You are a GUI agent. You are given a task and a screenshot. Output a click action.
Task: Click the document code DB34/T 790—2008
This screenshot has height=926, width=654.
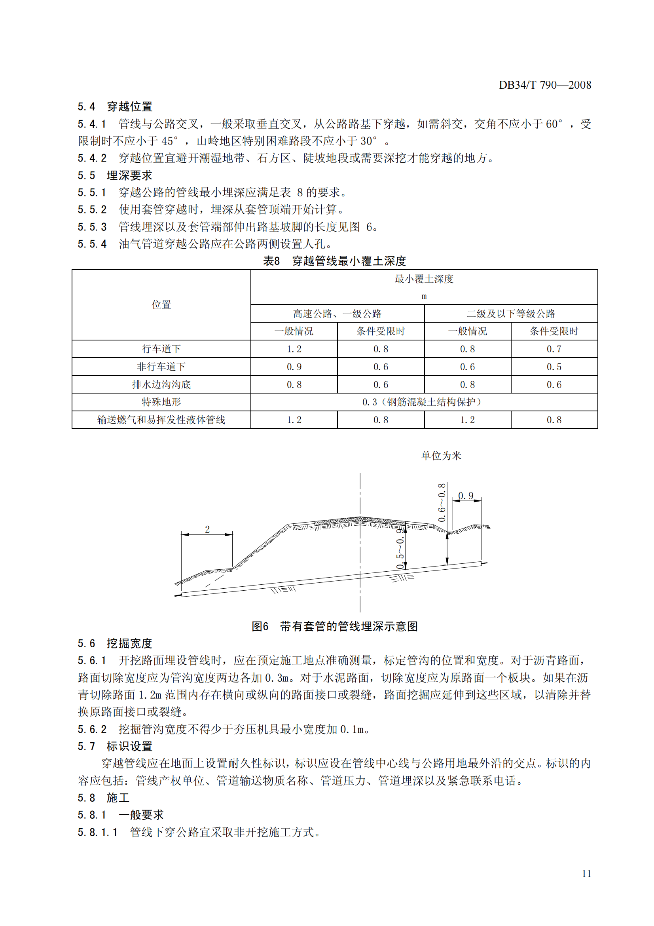pos(545,85)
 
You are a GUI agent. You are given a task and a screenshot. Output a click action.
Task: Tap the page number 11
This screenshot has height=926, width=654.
pos(586,874)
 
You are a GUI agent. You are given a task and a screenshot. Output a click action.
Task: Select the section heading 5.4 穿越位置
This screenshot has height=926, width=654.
pos(115,107)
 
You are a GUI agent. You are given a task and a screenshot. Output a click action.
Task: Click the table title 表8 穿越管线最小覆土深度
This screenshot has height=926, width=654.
pos(334,261)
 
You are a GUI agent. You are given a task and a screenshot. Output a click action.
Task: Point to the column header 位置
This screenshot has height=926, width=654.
pos(161,305)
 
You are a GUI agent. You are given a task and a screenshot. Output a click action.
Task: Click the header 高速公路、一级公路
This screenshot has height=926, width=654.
pos(337,314)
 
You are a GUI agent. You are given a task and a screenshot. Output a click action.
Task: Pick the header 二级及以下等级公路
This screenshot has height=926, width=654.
pos(510,314)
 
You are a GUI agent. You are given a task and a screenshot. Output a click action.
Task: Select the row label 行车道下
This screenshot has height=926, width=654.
pos(161,349)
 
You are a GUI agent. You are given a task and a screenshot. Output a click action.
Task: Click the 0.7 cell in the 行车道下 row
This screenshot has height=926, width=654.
pos(554,349)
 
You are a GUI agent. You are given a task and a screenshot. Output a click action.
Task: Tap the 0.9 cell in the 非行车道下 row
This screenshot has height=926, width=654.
pos(294,367)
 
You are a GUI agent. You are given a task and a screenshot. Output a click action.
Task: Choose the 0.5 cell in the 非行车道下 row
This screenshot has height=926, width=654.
pos(554,367)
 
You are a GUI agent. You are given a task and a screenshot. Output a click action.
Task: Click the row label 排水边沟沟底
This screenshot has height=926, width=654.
pos(161,385)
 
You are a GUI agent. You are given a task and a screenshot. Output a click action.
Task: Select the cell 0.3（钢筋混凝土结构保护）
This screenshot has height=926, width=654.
pos(423,402)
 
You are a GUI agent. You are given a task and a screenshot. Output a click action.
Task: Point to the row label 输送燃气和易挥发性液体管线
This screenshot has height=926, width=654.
pos(161,420)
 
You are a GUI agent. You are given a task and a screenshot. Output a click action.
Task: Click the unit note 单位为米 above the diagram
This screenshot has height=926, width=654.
pos(441,456)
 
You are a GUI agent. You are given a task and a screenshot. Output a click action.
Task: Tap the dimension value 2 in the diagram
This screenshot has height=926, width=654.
pos(207,529)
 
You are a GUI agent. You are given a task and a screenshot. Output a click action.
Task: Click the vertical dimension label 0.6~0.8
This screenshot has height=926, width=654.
pos(442,502)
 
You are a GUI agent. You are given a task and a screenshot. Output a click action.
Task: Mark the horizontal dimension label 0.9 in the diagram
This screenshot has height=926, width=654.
pos(466,496)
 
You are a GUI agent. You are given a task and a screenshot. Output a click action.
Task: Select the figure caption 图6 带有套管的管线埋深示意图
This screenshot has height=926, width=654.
pos(334,626)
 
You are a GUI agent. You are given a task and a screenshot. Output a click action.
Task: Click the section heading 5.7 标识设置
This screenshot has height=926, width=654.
pos(115,747)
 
